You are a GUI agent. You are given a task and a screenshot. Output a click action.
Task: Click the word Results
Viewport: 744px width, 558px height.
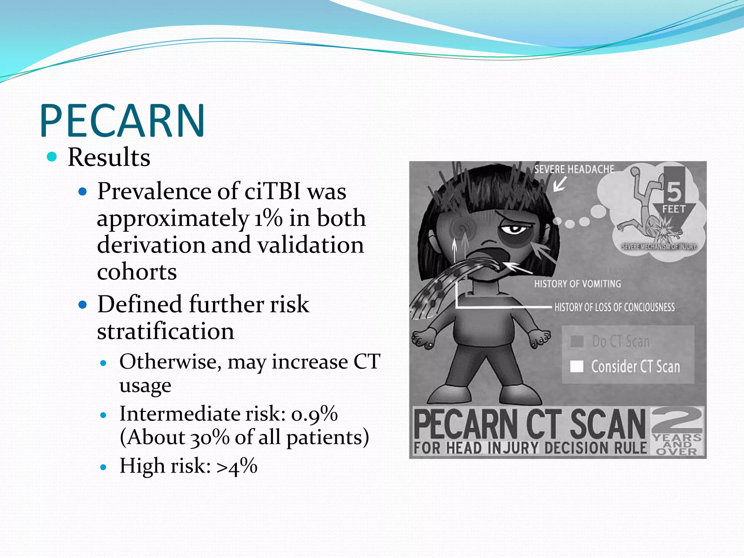pyautogui.click(x=109, y=158)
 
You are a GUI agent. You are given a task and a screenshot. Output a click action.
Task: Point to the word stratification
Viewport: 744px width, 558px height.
pyautogui.click(x=166, y=331)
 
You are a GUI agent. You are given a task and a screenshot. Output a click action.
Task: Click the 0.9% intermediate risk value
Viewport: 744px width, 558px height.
pyautogui.click(x=314, y=414)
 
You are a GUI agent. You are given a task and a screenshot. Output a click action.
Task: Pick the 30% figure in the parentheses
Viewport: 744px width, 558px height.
pyautogui.click(x=210, y=437)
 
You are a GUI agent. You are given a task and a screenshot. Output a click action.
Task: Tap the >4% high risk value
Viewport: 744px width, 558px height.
pyautogui.click(x=237, y=466)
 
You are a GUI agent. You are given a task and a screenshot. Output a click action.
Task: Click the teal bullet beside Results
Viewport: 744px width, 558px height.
pyautogui.click(x=52, y=157)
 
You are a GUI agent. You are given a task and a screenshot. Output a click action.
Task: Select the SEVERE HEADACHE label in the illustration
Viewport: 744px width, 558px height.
pyautogui.click(x=574, y=169)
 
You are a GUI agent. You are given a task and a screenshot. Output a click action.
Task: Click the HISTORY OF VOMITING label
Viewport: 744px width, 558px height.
pyautogui.click(x=577, y=284)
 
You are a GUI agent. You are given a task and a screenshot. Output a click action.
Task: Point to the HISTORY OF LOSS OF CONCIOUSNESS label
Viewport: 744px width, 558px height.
pyautogui.click(x=614, y=307)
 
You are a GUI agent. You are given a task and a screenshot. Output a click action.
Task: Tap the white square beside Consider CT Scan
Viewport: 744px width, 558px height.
pyautogui.click(x=577, y=367)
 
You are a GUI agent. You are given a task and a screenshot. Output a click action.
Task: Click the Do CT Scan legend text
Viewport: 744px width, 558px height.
pyautogui.click(x=620, y=341)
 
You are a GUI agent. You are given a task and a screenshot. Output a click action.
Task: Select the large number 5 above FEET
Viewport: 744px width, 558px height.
pyautogui.click(x=674, y=191)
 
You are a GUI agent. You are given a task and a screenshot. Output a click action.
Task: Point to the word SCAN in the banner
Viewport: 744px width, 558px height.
pyautogui.click(x=607, y=424)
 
